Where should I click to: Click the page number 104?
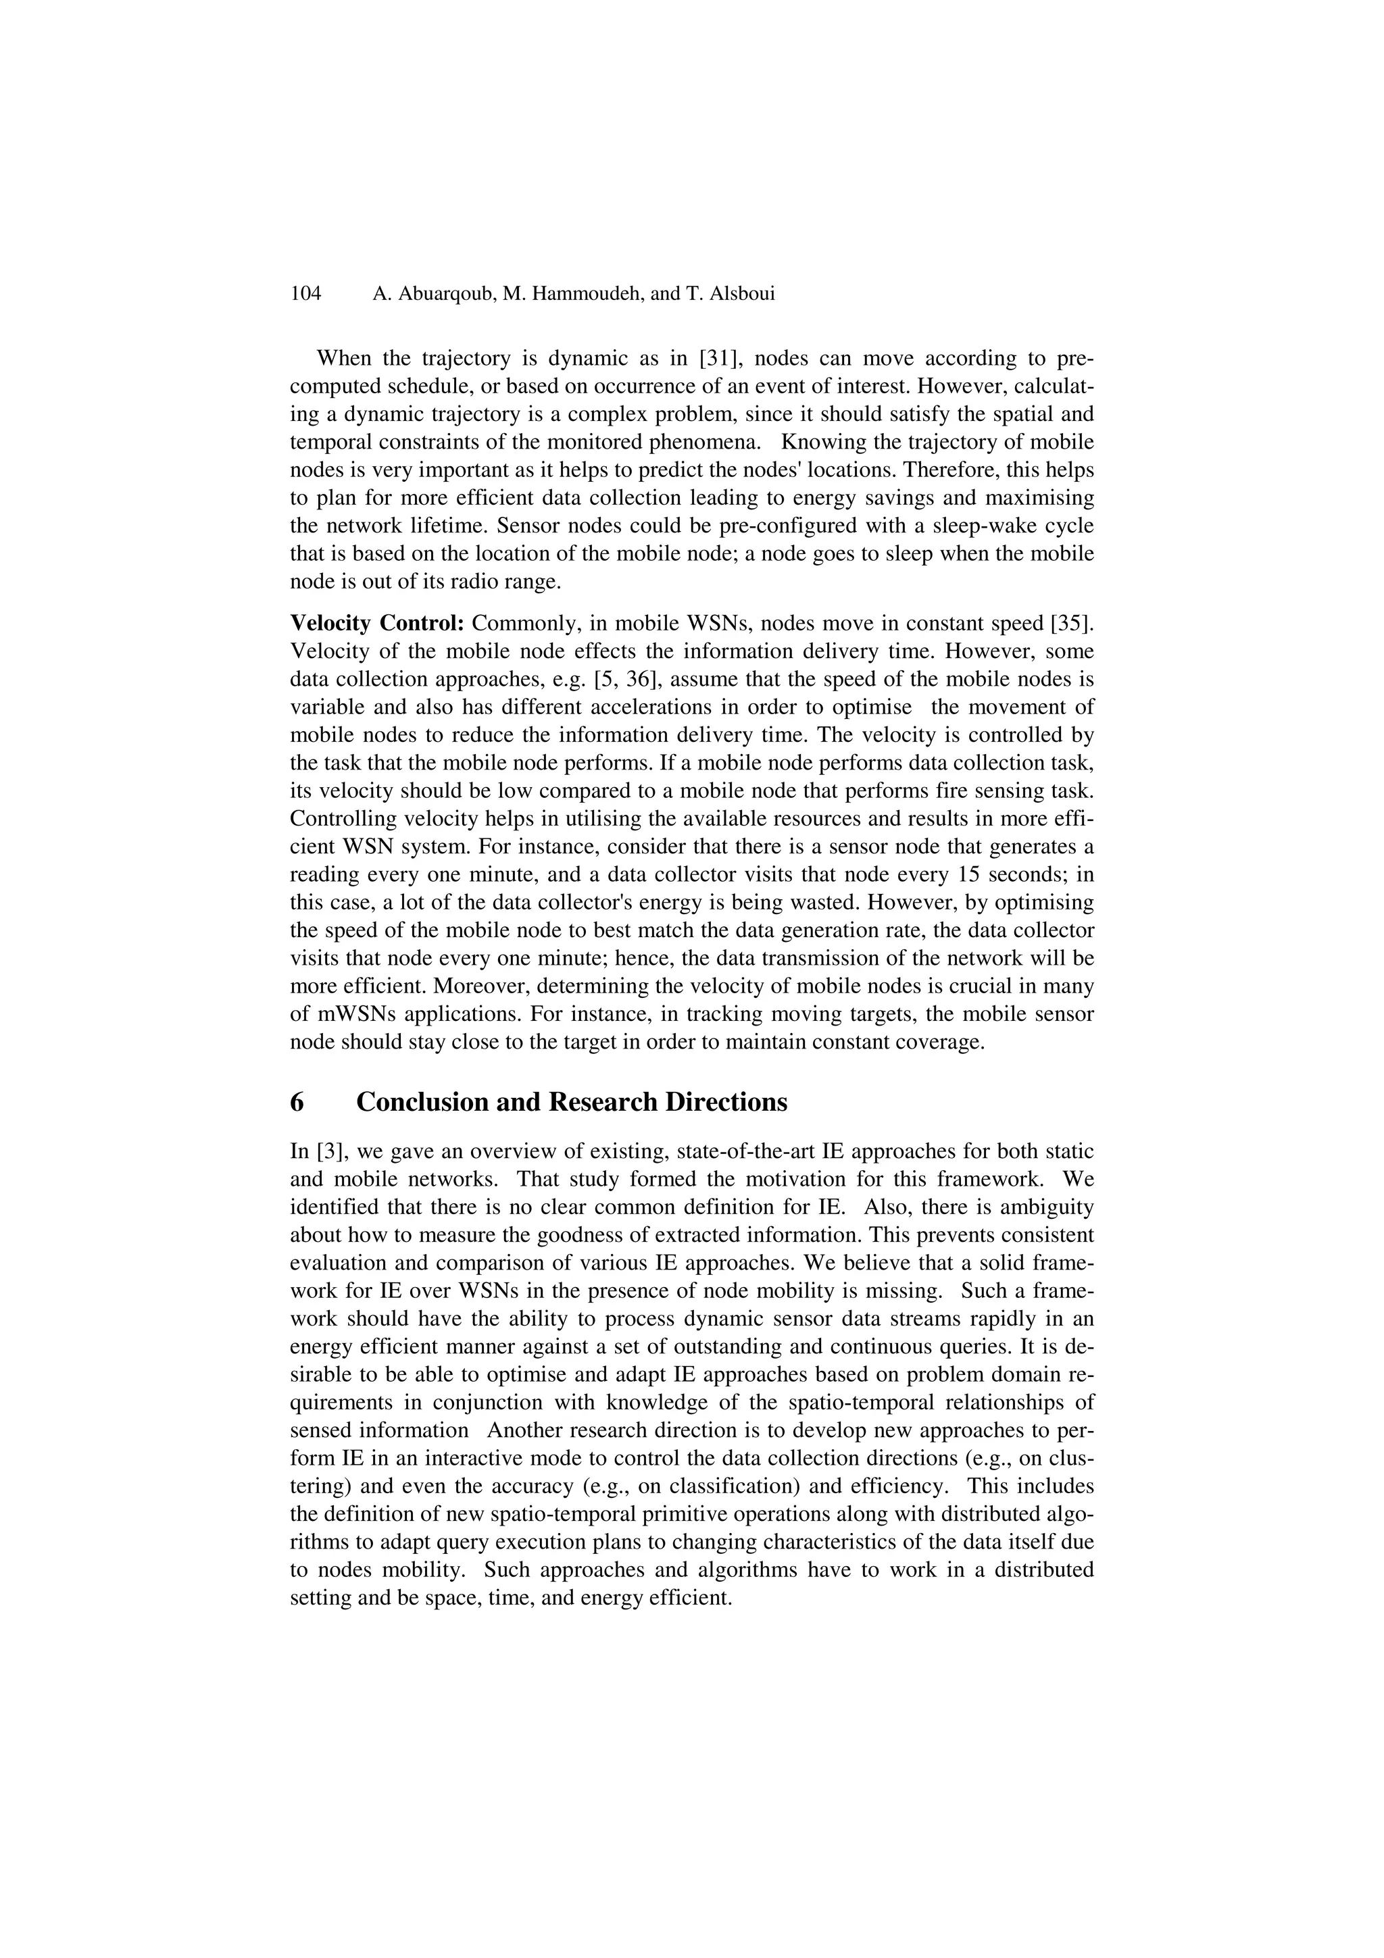(x=305, y=294)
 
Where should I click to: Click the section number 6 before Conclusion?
(x=297, y=1102)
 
